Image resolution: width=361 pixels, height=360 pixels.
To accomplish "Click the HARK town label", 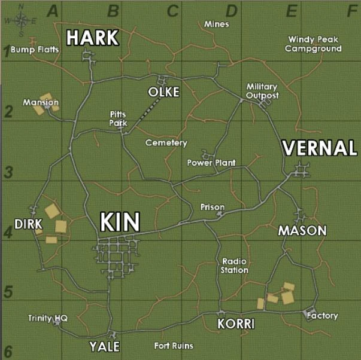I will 92,38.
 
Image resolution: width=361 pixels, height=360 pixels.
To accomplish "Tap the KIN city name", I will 120,222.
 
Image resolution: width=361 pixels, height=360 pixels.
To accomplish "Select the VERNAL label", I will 319,148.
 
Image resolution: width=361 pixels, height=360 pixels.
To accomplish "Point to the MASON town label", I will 302,231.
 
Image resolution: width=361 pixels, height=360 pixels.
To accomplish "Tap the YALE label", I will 105,346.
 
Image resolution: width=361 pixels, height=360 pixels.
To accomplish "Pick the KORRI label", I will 236,324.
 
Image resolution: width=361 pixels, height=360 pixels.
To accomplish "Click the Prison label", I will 213,207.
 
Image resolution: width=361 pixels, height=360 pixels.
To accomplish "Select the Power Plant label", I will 211,163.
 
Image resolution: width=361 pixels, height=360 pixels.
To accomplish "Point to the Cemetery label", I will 166,143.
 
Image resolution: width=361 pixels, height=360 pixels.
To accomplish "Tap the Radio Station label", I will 235,266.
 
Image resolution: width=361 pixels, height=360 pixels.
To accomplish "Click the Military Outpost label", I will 262,91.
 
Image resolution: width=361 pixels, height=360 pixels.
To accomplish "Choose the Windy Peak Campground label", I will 313,44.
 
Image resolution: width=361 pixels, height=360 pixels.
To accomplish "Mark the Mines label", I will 216,25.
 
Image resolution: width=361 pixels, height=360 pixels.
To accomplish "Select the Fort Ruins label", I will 174,346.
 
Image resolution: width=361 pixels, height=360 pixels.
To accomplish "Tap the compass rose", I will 20,19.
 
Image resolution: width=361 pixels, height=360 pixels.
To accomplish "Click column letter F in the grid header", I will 349,10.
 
